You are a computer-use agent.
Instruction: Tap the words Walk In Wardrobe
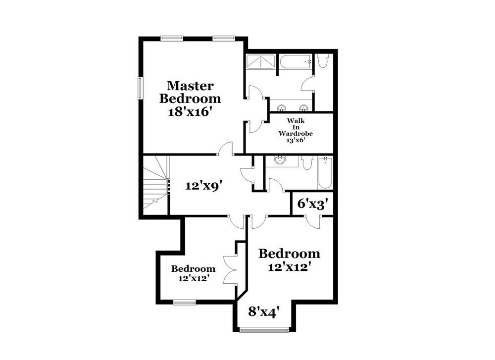click(295, 127)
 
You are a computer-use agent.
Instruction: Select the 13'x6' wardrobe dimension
click(295, 140)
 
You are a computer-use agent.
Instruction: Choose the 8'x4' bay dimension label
click(264, 311)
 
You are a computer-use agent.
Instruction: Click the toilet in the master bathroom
click(323, 61)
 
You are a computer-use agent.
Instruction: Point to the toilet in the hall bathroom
click(307, 162)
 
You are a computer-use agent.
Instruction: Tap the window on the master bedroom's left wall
click(140, 88)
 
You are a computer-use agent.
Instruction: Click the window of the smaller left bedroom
click(184, 302)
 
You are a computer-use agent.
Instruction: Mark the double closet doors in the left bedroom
click(231, 270)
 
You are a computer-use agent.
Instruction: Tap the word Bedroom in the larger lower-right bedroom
click(289, 254)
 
